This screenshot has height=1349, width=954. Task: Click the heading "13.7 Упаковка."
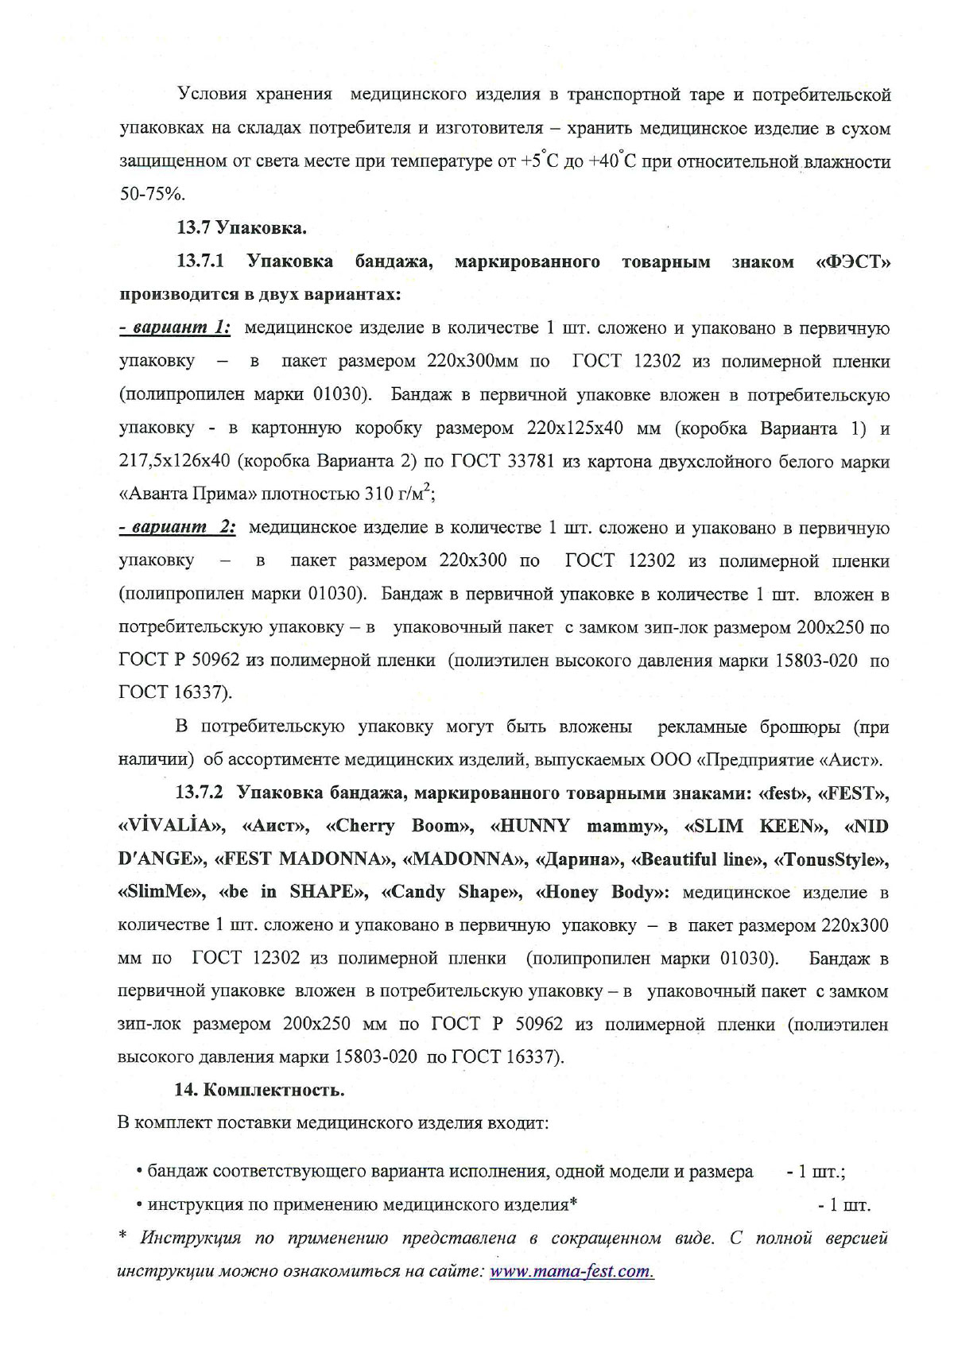240,229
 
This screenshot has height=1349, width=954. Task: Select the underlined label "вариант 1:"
175,328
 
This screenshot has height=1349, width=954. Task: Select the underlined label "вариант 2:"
176,528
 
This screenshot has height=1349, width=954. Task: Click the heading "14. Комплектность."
259,1090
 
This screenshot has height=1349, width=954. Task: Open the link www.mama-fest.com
572,1270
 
